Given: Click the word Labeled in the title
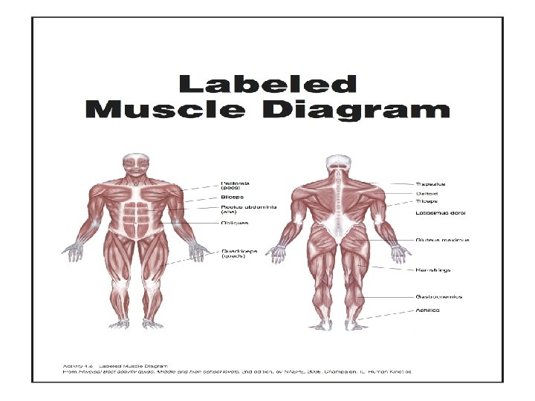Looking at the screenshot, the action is pos(270,84).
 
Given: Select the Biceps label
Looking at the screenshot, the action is pos(231,197).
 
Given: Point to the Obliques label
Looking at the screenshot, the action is pos(234,222).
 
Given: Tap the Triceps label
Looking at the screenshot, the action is pos(427,200).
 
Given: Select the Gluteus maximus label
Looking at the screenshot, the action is pos(441,241).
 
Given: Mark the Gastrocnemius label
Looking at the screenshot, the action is pos(438,297).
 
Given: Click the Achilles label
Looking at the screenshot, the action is pos(427,310).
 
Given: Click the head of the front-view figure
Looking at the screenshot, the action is pos(136,165).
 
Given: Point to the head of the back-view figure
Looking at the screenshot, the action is pos(339,164).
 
